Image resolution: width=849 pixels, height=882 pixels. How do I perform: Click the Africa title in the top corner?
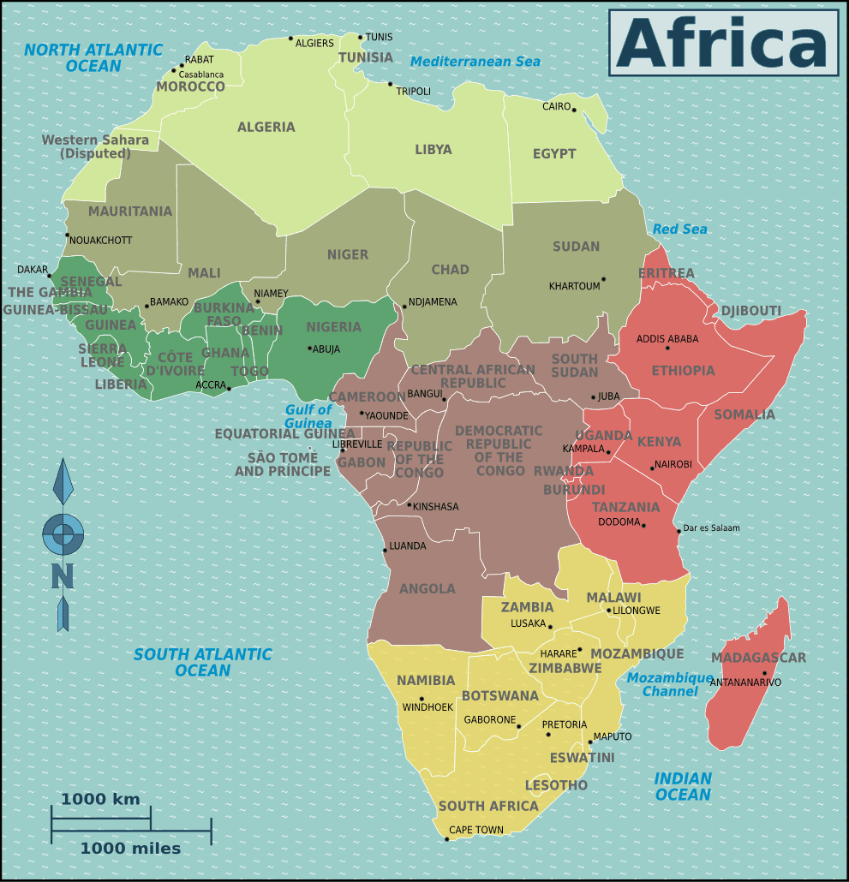point(723,43)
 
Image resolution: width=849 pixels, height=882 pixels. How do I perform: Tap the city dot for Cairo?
point(574,110)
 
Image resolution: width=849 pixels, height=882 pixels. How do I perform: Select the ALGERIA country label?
point(266,127)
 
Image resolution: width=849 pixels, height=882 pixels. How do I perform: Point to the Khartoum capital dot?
point(603,279)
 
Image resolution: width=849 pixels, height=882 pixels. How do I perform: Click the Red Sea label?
point(679,229)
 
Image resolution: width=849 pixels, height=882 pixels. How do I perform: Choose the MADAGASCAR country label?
point(758,658)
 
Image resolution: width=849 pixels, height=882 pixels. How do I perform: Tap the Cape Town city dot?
point(447,839)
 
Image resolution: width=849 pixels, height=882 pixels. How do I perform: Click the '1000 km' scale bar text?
point(99,800)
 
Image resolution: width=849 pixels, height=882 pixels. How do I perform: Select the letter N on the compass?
point(62,576)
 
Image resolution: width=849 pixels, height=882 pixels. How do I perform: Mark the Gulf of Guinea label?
point(308,416)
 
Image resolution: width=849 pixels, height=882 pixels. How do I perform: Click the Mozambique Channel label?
point(669,684)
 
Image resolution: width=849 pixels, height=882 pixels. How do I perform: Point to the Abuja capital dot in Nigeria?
point(309,348)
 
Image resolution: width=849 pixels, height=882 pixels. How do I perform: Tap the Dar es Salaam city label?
point(710,528)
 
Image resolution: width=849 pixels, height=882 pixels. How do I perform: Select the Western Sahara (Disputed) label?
point(95,146)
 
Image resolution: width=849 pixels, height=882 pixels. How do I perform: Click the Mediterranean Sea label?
point(475,62)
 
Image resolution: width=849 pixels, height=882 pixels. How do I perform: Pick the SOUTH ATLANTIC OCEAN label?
point(202,662)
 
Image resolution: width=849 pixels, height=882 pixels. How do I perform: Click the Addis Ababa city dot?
point(667,348)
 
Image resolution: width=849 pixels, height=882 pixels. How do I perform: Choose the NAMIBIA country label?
point(426,681)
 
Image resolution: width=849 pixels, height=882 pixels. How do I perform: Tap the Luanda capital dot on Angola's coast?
point(385,550)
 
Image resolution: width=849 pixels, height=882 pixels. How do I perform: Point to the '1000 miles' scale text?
point(130,849)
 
